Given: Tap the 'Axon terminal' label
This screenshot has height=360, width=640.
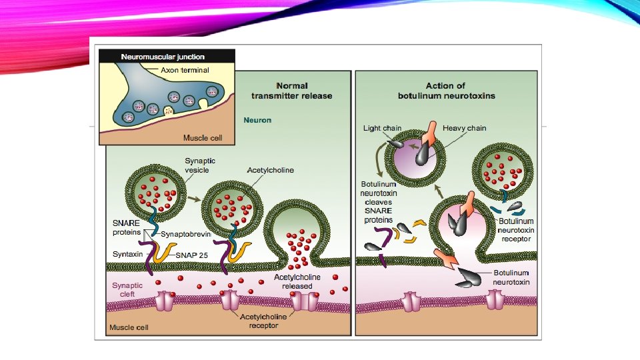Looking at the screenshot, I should (x=185, y=69).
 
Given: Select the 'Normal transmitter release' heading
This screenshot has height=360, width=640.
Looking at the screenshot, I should (x=291, y=91).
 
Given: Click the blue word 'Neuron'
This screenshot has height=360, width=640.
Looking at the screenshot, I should (x=257, y=121).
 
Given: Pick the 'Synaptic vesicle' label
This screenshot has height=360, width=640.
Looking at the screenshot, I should (x=200, y=165).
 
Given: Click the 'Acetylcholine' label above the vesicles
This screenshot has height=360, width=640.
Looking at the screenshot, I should (x=270, y=171).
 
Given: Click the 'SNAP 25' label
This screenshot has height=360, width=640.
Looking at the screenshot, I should (x=193, y=255).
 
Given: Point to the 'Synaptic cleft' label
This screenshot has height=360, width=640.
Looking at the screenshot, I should (x=127, y=289).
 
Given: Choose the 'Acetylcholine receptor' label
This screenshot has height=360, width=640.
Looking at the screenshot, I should (x=265, y=321).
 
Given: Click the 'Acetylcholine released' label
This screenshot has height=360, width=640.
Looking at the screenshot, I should (x=297, y=281).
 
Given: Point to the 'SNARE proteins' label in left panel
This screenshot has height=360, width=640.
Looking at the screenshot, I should (x=127, y=227).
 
